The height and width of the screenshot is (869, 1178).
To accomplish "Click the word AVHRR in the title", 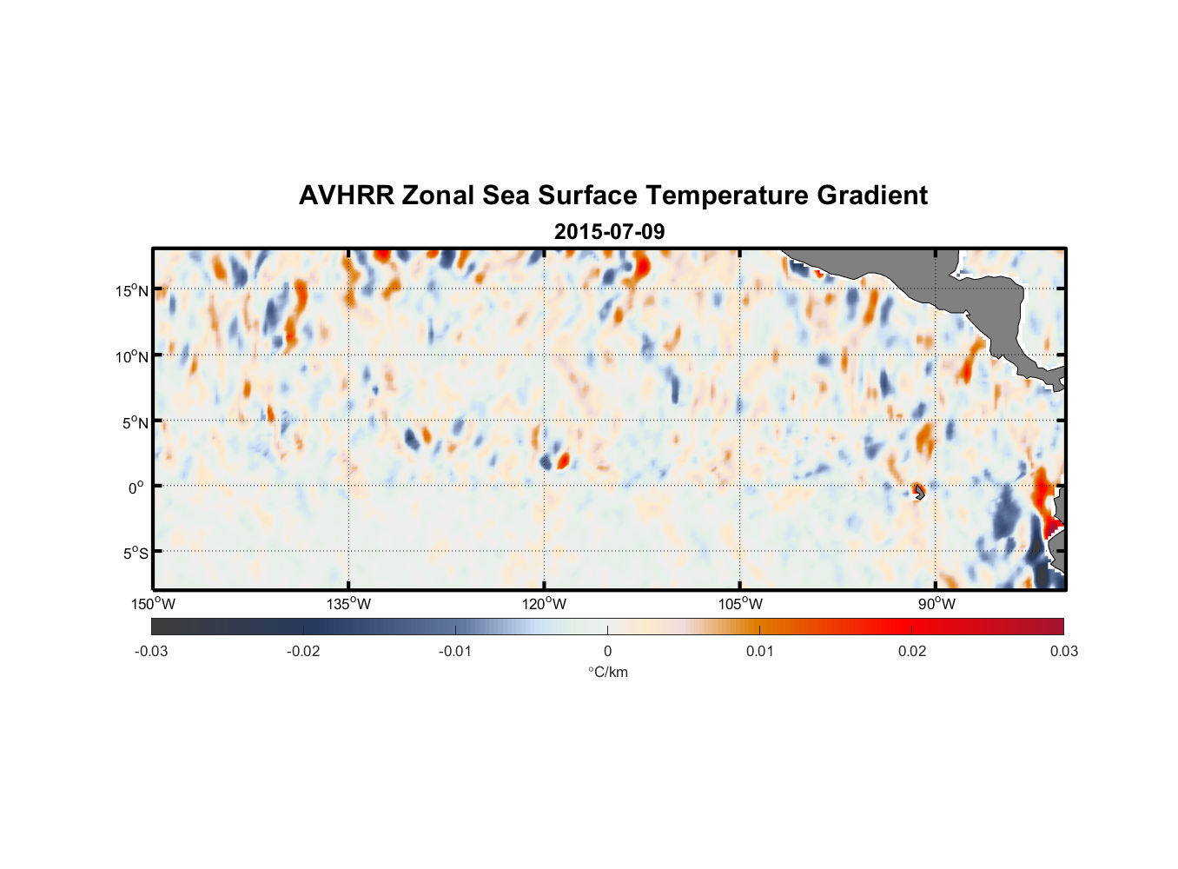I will click(346, 196).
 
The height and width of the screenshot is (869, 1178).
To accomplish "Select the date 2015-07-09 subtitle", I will click(609, 232).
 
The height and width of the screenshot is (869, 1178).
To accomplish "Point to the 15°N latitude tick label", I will click(132, 290).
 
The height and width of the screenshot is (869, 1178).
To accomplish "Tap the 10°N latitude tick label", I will click(132, 356).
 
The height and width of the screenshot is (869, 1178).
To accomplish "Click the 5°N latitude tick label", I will click(135, 422).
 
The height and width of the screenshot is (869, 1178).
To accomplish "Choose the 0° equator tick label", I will click(136, 488).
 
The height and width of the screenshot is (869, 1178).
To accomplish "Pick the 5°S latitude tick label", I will click(136, 554).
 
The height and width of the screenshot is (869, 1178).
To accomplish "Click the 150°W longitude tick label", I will click(154, 604).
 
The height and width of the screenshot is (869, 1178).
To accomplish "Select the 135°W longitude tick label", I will click(349, 604).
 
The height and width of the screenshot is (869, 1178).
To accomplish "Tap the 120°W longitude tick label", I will click(545, 604).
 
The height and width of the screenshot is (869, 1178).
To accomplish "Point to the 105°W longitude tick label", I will click(740, 604).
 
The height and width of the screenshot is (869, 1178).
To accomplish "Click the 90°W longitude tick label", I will click(936, 604).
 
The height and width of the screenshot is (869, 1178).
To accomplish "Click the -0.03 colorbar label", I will click(151, 651).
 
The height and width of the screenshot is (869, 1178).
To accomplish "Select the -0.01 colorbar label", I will click(455, 651).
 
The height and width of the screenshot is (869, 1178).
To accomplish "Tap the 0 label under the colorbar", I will click(607, 651).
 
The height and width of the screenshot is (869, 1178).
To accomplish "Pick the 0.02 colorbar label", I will click(912, 651).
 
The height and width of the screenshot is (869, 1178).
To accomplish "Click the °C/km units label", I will click(608, 672).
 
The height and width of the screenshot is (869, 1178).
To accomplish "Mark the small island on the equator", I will click(919, 492).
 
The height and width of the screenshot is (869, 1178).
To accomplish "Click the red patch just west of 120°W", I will click(563, 460).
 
